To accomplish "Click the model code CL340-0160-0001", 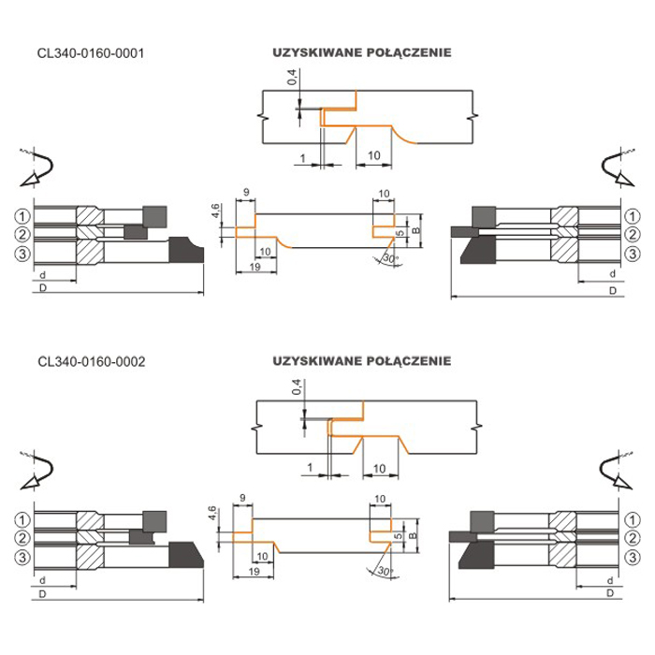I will coord(91,53).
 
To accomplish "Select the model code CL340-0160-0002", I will coord(91,359).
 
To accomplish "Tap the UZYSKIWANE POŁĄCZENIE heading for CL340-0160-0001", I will coord(362,53).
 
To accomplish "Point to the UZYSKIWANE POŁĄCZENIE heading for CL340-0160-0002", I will coord(362,359).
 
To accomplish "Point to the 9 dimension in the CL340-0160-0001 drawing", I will coord(244,193).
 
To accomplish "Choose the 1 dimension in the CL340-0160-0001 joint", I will coord(304,154).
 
